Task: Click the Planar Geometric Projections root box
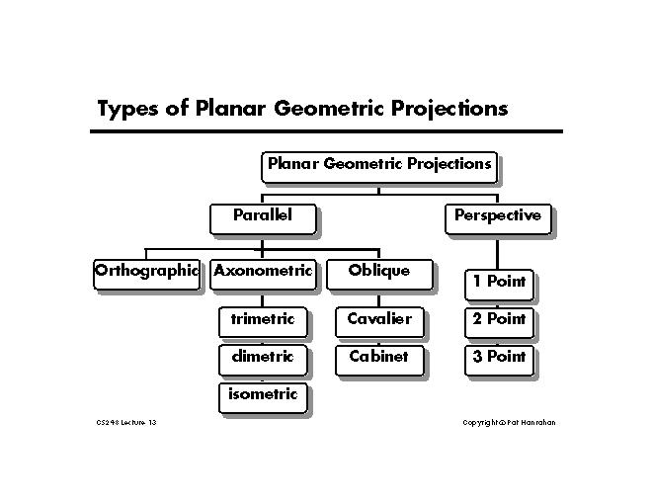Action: point(379,168)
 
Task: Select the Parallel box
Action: point(263,219)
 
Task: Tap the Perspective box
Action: point(498,219)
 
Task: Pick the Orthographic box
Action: point(147,275)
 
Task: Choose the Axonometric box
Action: point(263,275)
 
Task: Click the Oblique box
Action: point(379,275)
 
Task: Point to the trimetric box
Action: point(263,322)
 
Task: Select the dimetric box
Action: point(263,360)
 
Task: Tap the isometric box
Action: point(263,398)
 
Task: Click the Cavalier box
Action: point(379,322)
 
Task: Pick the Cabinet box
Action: point(379,360)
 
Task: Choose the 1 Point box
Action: point(499,285)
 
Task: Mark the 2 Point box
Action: point(499,323)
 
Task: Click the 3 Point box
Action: point(499,360)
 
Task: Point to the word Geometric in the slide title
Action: point(329,108)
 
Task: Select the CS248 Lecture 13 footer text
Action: point(126,423)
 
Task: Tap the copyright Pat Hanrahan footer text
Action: point(509,423)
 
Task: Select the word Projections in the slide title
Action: point(449,109)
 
